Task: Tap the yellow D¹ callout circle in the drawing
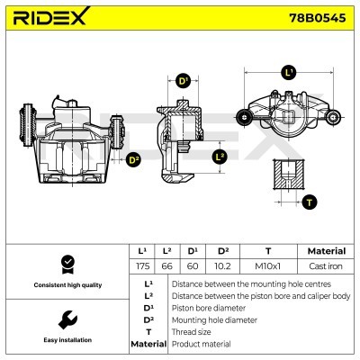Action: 183,81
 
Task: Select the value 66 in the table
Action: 168,267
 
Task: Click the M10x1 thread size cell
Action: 268,267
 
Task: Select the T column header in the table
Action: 268,251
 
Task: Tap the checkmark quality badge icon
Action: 66,264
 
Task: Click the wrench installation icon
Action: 66,319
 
